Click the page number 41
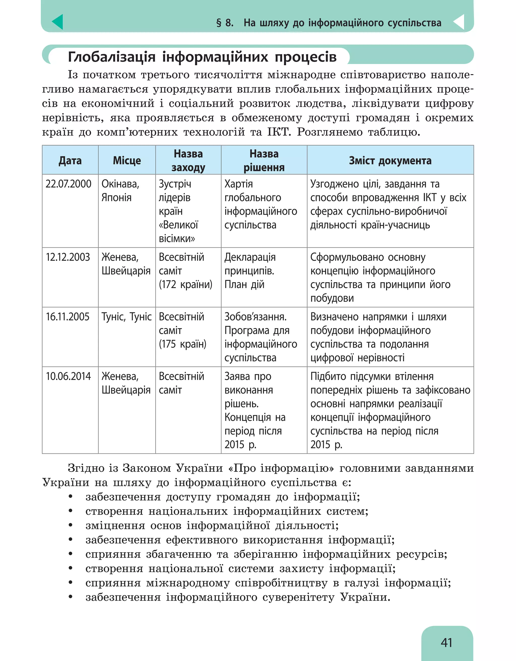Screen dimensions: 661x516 [446, 642]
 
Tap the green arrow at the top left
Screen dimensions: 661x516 [58, 22]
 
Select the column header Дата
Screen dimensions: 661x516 [70, 160]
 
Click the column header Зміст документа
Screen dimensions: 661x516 [390, 160]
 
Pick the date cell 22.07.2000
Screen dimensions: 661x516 [68, 184]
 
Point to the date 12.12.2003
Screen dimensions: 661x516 [68, 257]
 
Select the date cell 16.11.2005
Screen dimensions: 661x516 [68, 317]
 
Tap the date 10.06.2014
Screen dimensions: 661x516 [68, 376]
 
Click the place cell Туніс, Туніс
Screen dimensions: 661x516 [126, 317]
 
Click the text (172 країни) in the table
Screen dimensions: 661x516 [185, 284]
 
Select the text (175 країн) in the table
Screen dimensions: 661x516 [182, 344]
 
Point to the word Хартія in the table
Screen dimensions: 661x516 [239, 184]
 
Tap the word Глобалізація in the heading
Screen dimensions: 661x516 [112, 57]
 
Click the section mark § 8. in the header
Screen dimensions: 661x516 [225, 23]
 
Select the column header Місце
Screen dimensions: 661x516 [127, 160]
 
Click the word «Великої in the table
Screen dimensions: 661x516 [179, 225]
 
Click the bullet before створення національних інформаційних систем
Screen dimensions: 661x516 [71, 511]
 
